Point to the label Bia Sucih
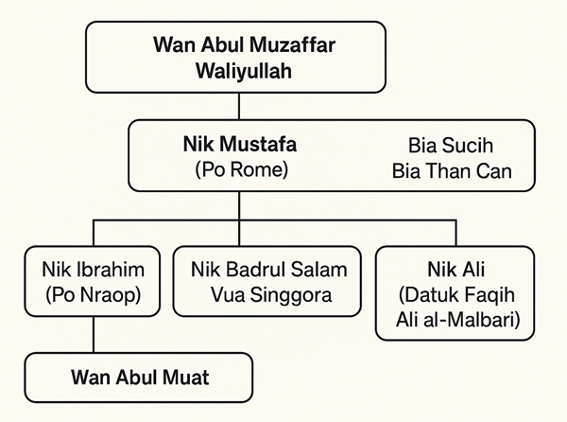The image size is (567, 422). coord(451,148)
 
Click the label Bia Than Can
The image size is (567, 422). coord(451,173)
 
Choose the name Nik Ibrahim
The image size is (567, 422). coord(91,269)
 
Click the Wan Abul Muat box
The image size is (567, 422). coord(139,378)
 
